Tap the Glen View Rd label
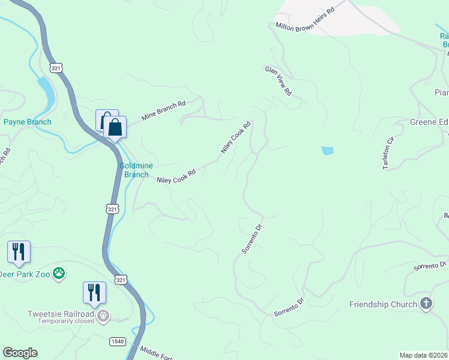tap(278, 81)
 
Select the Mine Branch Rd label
tap(163, 111)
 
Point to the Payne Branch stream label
tap(27, 122)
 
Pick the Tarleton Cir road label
tap(389, 153)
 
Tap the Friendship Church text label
tap(383, 304)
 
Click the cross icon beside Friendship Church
tap(426, 304)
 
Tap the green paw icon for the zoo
tap(59, 274)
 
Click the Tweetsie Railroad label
tap(61, 314)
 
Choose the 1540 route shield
tap(117, 341)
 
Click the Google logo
tap(20, 353)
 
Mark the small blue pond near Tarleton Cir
tap(327, 151)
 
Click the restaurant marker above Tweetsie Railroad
tap(94, 293)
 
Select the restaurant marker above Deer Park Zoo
tap(19, 252)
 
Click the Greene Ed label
tap(429, 122)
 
